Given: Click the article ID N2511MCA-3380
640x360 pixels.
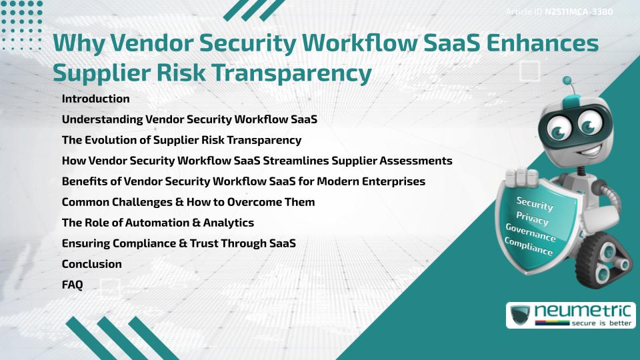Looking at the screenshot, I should point(578,11).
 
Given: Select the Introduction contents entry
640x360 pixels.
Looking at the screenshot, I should point(95,99).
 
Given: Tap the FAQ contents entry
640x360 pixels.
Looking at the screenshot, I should point(72,285).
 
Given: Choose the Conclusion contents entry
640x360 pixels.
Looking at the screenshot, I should point(92,264).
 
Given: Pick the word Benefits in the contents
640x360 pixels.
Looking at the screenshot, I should point(82,181).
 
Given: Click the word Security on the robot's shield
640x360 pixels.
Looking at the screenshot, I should point(534,204).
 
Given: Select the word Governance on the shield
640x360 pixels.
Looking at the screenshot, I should point(531,233).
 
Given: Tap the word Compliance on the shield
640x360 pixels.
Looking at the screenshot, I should point(529,247).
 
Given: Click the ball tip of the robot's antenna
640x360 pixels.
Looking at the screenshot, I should point(567,81).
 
